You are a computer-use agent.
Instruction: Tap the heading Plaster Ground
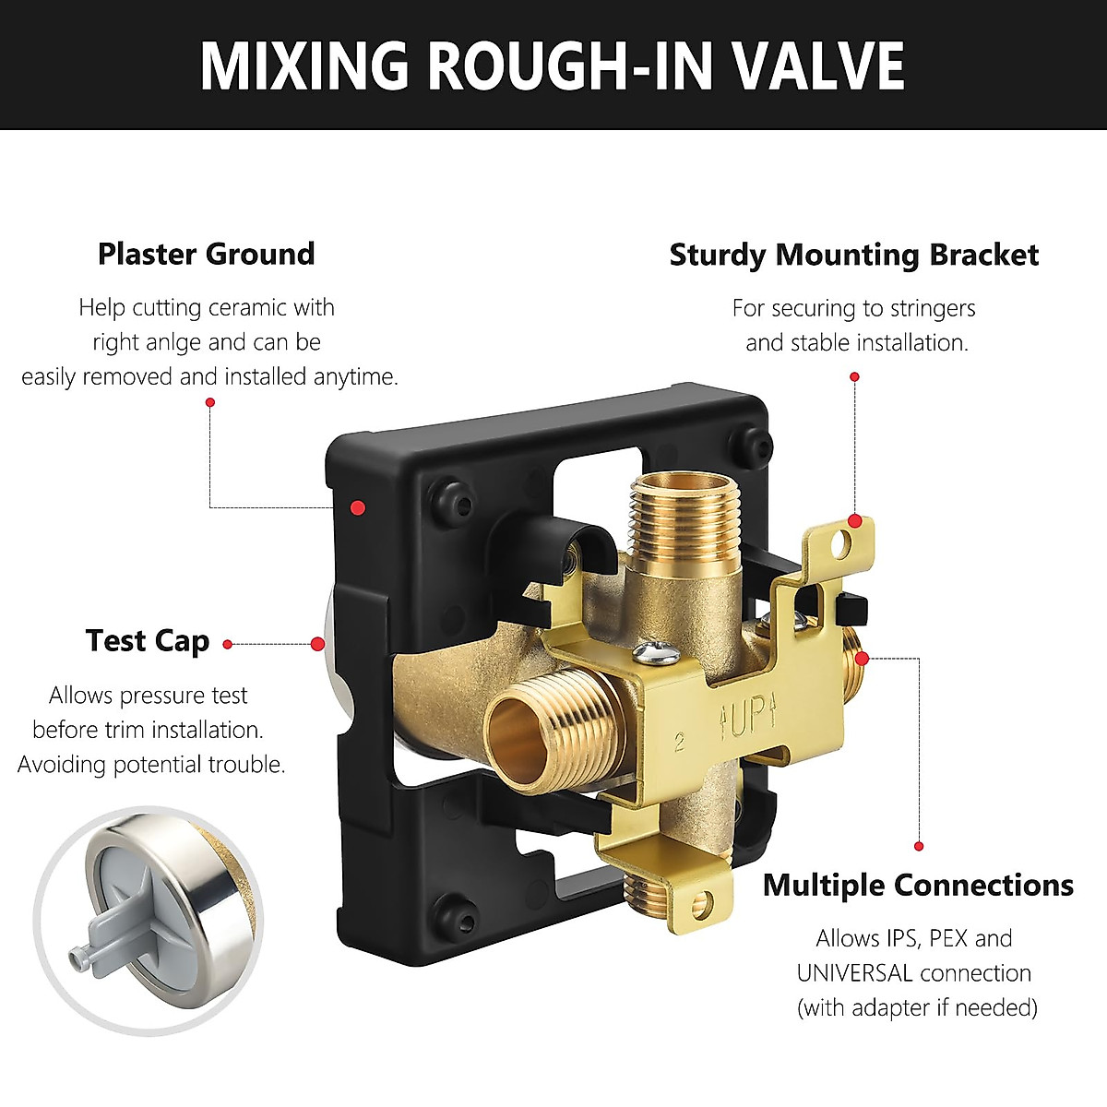click(206, 254)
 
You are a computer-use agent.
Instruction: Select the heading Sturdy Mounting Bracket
click(853, 255)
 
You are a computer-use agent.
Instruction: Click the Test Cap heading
click(148, 640)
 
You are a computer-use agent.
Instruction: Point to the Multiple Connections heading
click(918, 886)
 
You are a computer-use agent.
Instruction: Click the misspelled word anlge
click(169, 342)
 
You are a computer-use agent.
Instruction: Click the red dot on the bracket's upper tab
click(855, 522)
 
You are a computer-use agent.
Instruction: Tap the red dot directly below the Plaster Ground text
click(210, 402)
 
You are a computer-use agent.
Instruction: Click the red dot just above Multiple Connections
click(919, 846)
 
